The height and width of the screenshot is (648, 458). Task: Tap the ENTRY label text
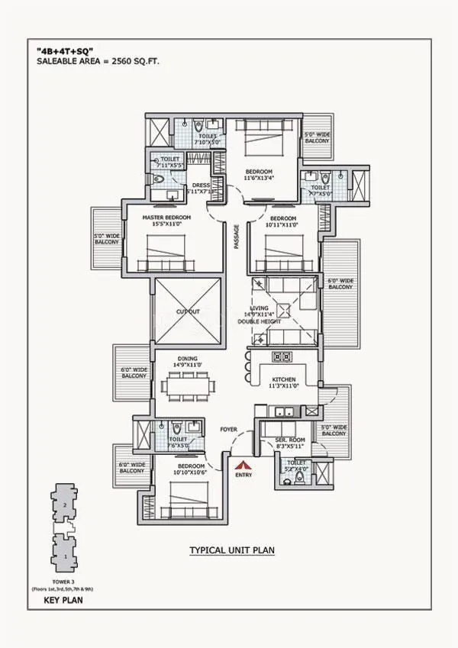244,475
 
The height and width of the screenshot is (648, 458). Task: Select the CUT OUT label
187,311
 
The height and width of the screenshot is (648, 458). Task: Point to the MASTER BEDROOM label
167,218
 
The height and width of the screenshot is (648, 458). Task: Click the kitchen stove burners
279,356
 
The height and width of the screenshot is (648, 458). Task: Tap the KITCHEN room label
284,379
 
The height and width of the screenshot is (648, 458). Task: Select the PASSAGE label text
237,235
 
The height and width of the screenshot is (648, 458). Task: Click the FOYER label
229,429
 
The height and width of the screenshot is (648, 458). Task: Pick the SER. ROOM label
290,441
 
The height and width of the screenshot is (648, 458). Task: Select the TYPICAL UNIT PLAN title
232,550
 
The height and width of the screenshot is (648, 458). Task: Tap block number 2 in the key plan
66,506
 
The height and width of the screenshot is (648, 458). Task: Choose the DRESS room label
201,185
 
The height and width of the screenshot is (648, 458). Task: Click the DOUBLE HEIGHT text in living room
283,321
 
